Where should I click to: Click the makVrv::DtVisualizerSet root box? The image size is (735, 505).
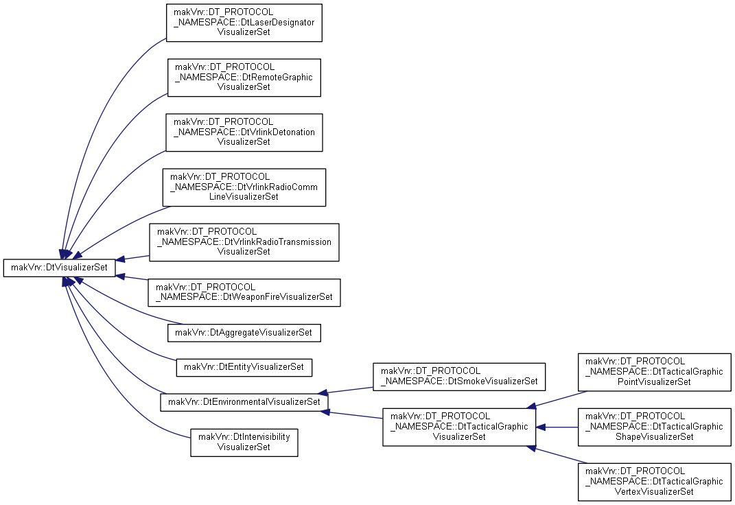point(59,268)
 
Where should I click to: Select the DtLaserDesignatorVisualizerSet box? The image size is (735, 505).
point(244,23)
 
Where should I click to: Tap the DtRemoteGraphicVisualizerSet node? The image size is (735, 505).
point(244,78)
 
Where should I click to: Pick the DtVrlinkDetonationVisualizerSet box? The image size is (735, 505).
point(244,132)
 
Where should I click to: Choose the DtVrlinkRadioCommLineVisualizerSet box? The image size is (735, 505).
point(244,187)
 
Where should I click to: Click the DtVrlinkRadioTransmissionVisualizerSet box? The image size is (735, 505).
point(244,242)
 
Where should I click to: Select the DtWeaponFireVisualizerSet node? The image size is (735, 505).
point(244,292)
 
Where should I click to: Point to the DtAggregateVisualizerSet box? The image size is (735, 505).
point(244,333)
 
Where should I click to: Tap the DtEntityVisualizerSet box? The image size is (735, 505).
point(244,367)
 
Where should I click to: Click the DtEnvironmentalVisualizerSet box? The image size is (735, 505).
point(244,402)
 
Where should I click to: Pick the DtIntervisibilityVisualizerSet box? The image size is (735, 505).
point(244,443)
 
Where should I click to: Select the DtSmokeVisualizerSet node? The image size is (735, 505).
point(459,377)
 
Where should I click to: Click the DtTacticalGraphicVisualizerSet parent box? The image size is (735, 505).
point(459,427)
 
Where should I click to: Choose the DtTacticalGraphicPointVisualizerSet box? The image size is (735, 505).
point(655,372)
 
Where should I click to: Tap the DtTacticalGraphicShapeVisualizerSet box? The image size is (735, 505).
point(655,427)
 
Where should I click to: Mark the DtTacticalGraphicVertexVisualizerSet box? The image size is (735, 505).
point(655,482)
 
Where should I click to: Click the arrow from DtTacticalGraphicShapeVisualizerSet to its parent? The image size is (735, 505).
point(557,427)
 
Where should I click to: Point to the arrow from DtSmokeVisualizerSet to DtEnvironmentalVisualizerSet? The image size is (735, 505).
point(345,390)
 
